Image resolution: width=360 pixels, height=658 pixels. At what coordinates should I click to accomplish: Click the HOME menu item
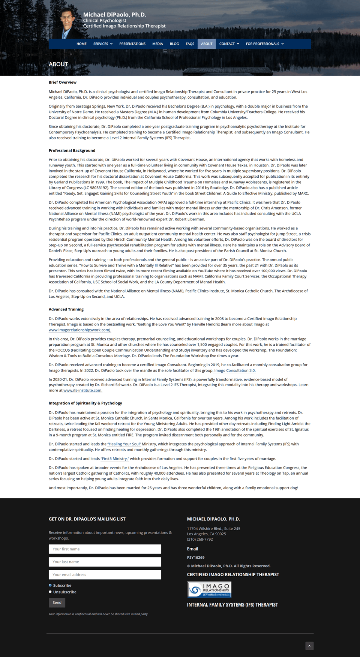81,44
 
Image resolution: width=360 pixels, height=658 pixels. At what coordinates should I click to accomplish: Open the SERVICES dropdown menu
103,44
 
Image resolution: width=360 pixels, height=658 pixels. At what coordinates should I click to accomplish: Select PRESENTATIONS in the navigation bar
132,44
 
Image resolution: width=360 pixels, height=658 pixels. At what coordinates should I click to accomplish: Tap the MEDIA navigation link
157,44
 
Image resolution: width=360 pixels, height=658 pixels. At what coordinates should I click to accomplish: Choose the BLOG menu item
174,44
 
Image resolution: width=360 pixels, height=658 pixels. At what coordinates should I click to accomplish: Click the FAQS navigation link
190,44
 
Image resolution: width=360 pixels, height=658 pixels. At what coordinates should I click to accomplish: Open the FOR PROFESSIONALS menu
265,44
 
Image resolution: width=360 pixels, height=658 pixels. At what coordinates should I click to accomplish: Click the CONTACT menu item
229,44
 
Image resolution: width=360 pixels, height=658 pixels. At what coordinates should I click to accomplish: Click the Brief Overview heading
63,82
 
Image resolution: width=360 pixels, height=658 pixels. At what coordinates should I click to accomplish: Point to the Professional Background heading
72,151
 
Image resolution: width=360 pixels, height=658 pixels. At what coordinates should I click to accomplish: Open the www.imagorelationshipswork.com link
79,330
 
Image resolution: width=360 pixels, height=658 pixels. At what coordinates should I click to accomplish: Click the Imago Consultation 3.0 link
235,370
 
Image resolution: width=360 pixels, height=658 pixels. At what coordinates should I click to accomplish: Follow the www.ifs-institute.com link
82,390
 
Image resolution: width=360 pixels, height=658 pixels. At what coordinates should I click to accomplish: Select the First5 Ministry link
115,459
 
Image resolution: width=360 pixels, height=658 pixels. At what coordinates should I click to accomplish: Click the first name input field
105,549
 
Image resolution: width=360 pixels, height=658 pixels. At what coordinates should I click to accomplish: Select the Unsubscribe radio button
50,592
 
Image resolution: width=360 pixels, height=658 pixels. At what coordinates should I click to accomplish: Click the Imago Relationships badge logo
209,589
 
